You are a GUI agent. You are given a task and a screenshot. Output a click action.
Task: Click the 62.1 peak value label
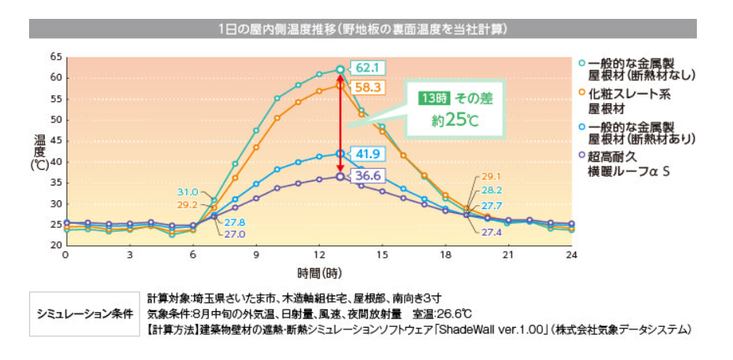[365, 68]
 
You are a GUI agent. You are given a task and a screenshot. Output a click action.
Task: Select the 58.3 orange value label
[366, 86]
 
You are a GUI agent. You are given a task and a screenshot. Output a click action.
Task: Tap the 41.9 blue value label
[366, 154]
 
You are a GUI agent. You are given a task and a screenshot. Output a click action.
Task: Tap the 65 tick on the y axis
[55, 57]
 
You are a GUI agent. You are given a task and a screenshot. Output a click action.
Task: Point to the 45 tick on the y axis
[55, 141]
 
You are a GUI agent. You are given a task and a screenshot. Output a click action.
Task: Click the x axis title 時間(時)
[320, 273]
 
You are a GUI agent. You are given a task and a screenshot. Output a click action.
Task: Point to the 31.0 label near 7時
[187, 192]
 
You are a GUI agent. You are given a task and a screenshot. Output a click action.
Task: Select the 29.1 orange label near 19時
[490, 177]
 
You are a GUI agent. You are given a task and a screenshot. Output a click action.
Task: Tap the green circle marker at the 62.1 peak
[339, 69]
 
